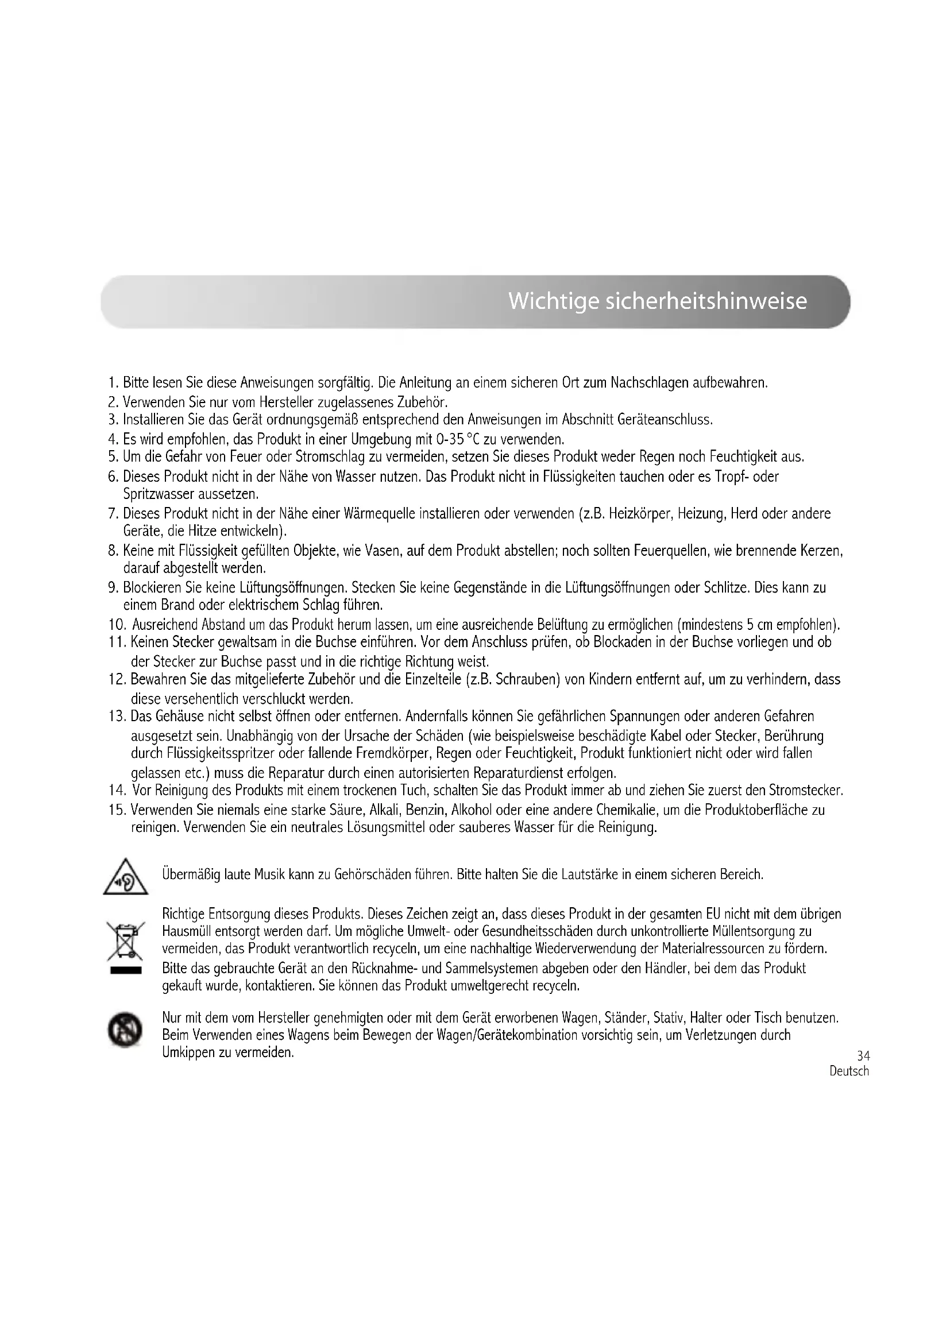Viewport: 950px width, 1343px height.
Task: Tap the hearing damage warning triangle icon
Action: (x=125, y=877)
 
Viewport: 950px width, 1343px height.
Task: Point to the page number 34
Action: (x=863, y=1056)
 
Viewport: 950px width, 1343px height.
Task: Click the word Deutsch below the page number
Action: (x=849, y=1071)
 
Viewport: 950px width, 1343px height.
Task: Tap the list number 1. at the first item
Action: (x=114, y=384)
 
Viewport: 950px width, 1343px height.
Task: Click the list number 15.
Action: (x=118, y=811)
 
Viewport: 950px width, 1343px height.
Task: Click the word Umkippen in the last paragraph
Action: (x=190, y=1053)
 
